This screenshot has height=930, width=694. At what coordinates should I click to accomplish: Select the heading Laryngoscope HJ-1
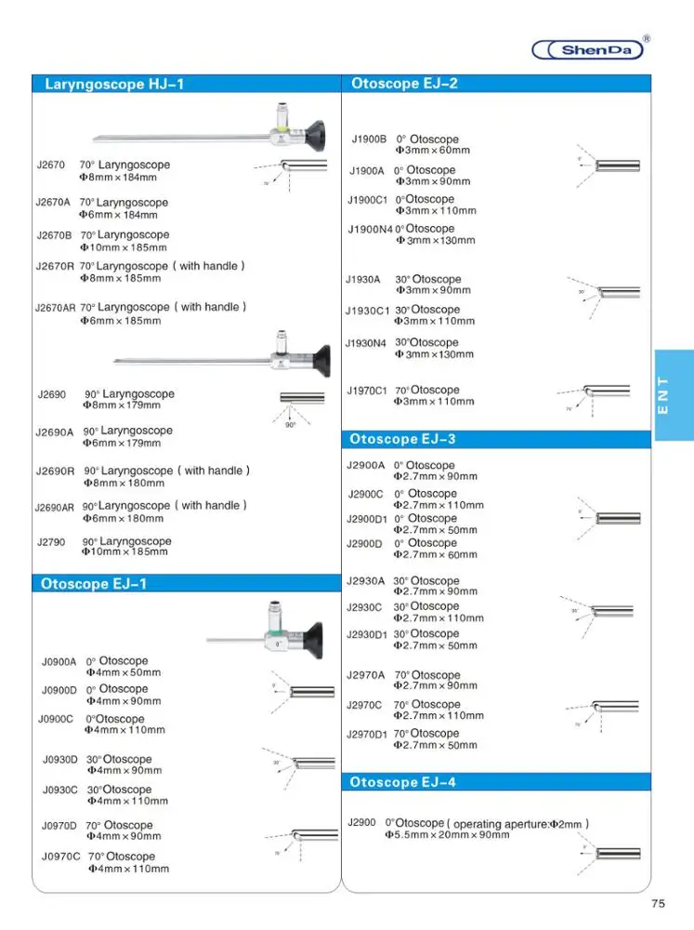[114, 84]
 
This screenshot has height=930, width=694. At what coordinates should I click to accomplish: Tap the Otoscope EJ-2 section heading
[404, 83]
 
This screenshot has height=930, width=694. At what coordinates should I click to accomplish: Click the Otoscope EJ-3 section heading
[402, 439]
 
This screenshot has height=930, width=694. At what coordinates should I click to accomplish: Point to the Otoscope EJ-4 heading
[402, 782]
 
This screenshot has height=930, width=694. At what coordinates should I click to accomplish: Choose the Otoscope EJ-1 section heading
[94, 584]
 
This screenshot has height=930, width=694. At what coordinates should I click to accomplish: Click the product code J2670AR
[55, 308]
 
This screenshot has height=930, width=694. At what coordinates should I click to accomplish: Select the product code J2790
[50, 541]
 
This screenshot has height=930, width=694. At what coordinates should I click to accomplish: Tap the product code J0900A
[59, 662]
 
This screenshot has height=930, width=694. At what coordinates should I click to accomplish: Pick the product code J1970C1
[366, 391]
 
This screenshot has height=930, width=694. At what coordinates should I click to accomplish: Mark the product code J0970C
[61, 857]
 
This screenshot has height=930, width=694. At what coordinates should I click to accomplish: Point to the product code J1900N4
[370, 229]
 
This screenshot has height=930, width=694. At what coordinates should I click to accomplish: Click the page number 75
[659, 903]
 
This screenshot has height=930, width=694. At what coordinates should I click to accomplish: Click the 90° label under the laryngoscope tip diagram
[290, 425]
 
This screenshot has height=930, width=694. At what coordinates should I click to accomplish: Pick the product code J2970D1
[366, 734]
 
